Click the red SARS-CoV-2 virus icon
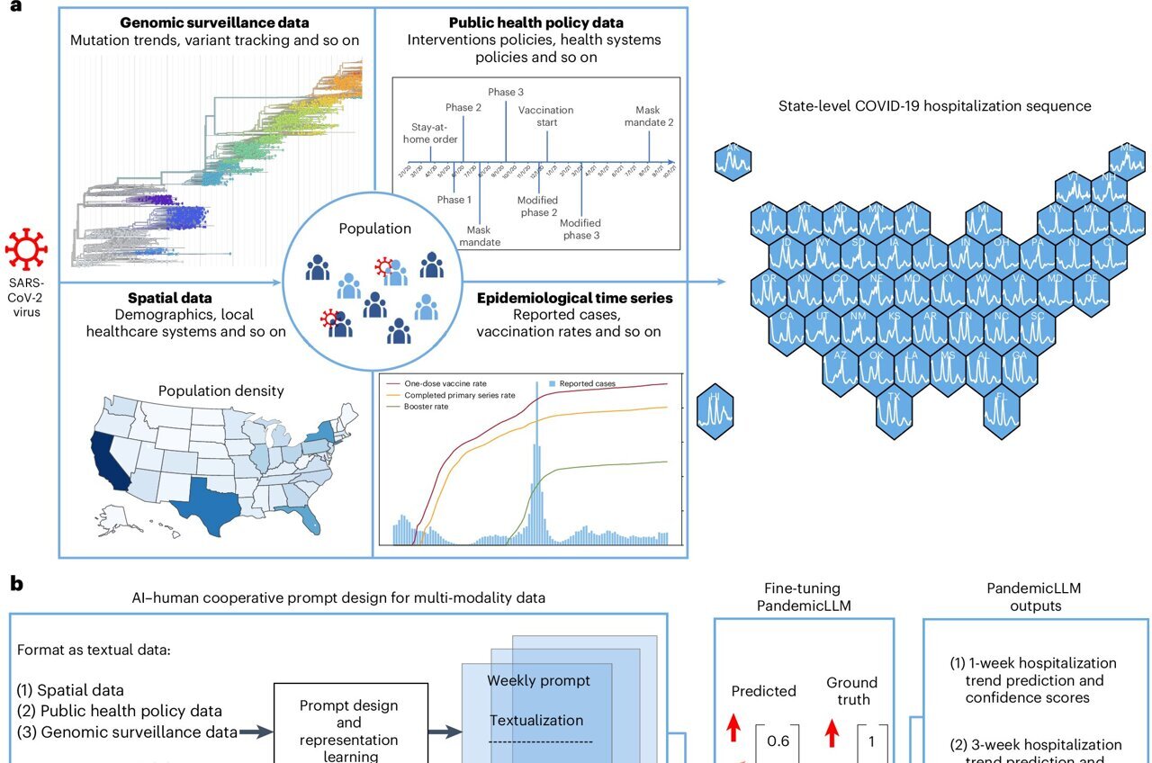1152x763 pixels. point(26,250)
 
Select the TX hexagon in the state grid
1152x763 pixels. point(895,410)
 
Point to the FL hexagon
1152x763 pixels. point(1002,410)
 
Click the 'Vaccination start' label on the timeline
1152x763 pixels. point(545,116)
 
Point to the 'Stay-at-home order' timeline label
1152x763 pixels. point(430,133)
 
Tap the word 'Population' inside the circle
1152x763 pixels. point(374,229)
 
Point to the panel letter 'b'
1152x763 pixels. point(16,586)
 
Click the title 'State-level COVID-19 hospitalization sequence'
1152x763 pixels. point(935,106)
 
